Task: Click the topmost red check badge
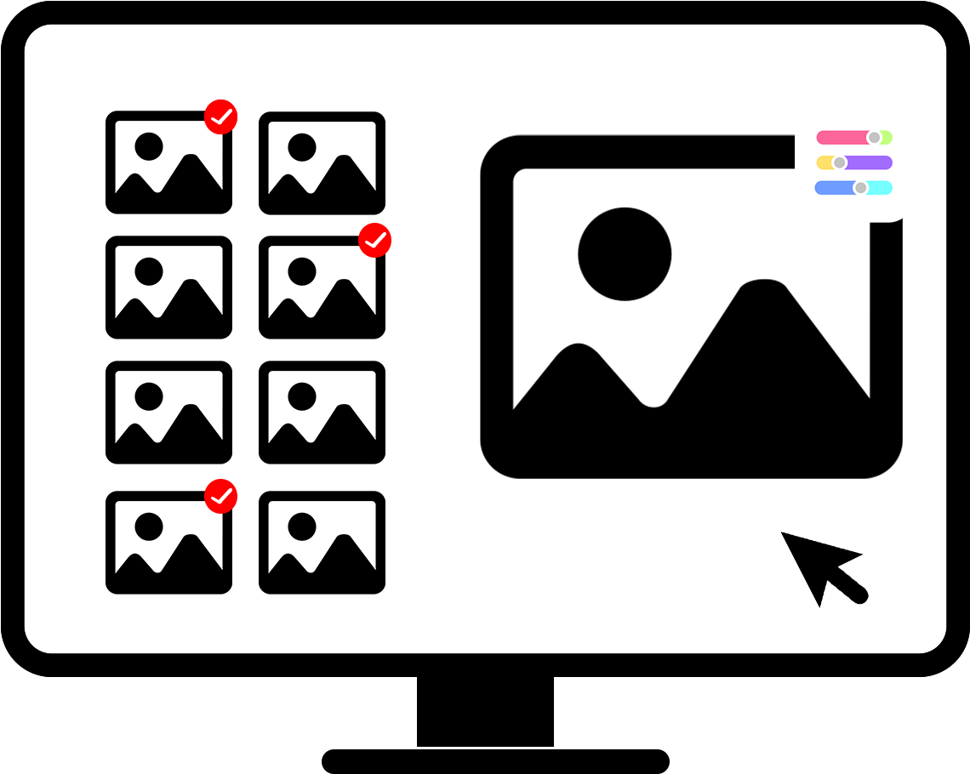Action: pos(220,117)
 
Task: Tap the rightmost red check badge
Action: pos(374,241)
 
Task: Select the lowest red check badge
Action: pos(220,497)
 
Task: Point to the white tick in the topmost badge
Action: pos(221,118)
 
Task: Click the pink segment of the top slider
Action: pos(840,138)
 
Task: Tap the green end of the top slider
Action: pos(887,138)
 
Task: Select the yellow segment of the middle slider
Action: pos(824,162)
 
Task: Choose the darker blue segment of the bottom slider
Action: pos(833,188)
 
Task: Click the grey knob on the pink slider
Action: pos(874,138)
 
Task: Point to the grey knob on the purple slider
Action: pos(840,162)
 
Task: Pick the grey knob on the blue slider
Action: pos(860,188)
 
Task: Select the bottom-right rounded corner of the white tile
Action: pos(908,216)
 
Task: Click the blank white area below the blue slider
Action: pos(854,208)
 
